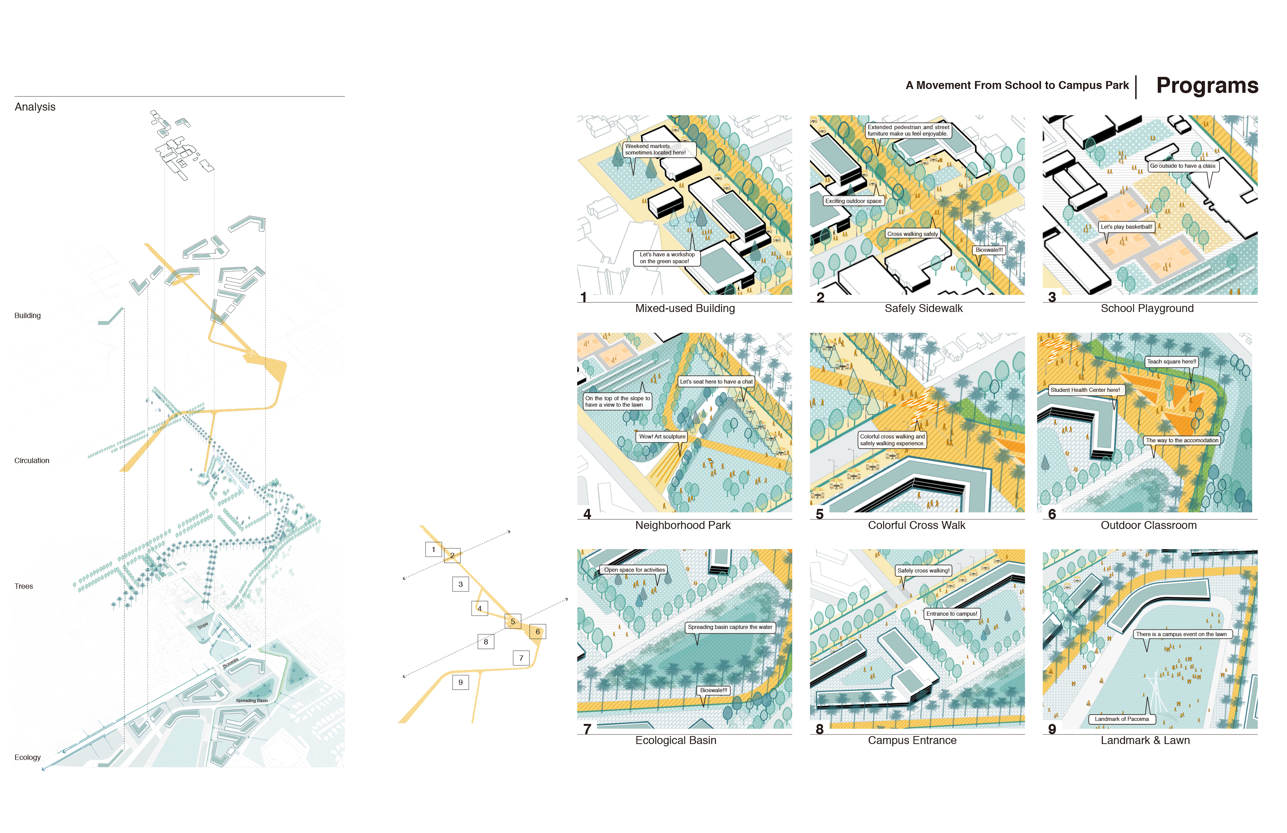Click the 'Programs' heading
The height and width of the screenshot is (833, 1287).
(x=1207, y=86)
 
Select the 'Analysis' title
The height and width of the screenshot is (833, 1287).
(x=35, y=107)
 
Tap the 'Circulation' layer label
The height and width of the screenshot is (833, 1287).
(x=32, y=461)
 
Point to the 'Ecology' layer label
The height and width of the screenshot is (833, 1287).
(x=28, y=757)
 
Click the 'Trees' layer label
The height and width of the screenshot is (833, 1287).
(x=24, y=587)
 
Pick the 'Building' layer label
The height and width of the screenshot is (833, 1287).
(x=28, y=315)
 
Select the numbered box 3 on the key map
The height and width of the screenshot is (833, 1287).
(x=461, y=584)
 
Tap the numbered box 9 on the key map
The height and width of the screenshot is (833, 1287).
(x=461, y=683)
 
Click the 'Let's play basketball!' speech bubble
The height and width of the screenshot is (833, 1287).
(x=1127, y=227)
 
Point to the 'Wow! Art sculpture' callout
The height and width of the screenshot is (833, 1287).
(x=662, y=437)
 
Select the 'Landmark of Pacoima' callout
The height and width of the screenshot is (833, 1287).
(x=1122, y=719)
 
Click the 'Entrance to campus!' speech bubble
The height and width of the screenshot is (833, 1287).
(x=952, y=614)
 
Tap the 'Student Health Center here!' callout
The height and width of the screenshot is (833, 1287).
(x=1085, y=390)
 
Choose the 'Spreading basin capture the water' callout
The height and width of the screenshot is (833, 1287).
(x=730, y=627)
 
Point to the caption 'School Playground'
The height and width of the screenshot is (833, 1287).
(x=1147, y=308)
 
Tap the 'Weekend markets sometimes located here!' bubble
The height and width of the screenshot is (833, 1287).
(x=659, y=149)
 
